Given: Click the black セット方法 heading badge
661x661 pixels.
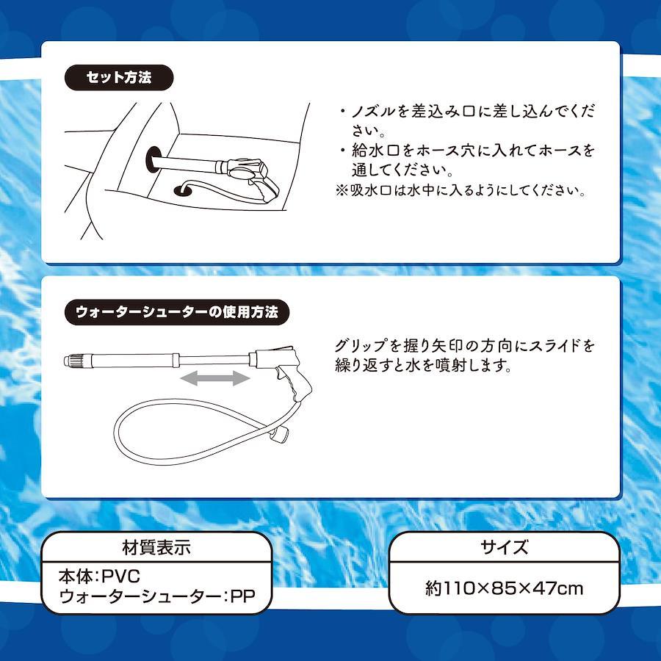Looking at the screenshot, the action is (x=119, y=78).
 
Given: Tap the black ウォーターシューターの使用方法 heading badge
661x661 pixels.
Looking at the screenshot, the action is (x=176, y=312).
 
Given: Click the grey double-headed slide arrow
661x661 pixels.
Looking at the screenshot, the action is (x=215, y=378).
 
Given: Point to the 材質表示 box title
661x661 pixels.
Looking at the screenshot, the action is (x=156, y=548).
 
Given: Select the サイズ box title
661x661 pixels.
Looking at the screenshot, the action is (x=504, y=547).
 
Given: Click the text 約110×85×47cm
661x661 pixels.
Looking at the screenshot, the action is (x=504, y=588).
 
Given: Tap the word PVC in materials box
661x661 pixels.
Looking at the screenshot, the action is (x=121, y=577).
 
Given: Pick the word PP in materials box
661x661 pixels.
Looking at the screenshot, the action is (x=243, y=596).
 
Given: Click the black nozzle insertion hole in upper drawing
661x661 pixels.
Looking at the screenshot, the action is (x=153, y=159).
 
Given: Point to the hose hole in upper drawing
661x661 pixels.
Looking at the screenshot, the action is (x=183, y=190).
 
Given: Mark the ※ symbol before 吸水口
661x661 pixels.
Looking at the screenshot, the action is (x=342, y=190).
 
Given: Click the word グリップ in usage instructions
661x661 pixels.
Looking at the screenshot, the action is (x=361, y=345).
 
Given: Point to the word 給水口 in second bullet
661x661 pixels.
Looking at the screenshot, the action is (x=375, y=151).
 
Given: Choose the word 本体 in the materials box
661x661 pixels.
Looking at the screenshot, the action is (x=75, y=577).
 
